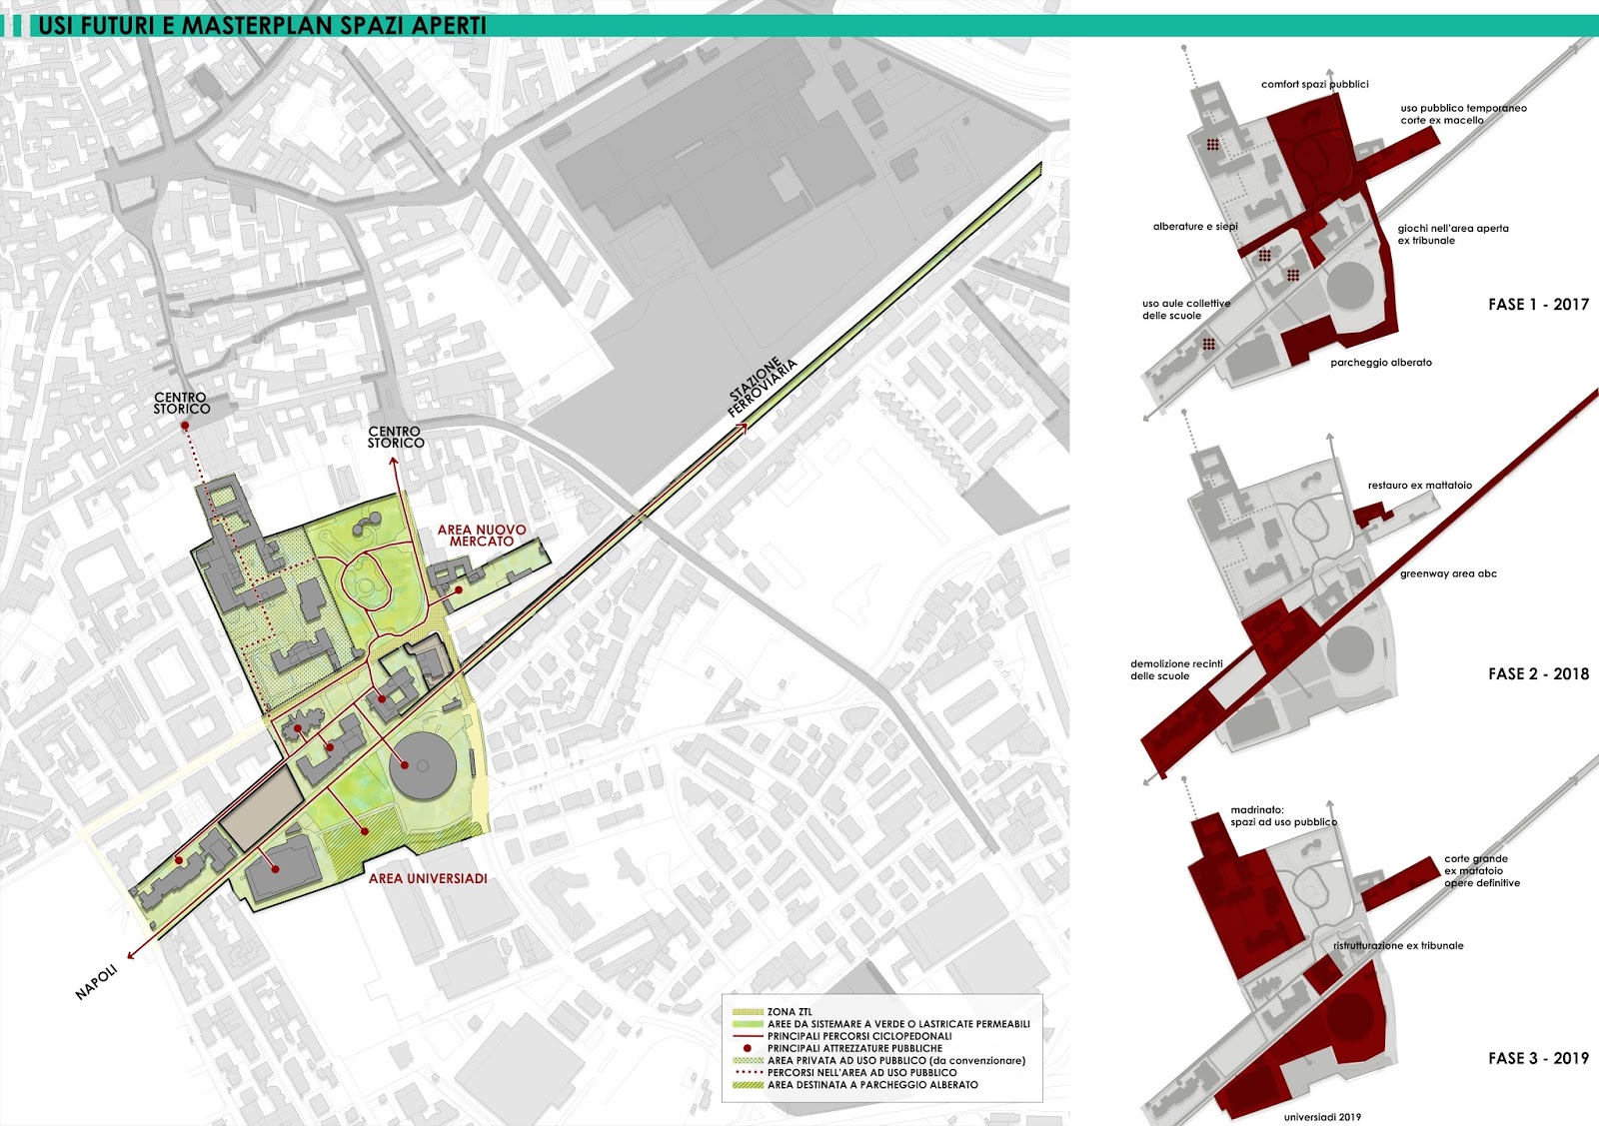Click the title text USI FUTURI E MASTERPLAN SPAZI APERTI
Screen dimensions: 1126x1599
click(262, 25)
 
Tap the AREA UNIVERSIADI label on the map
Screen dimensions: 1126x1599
click(428, 878)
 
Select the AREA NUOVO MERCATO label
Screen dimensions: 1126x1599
click(482, 536)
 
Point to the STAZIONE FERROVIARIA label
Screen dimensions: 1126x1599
click(764, 387)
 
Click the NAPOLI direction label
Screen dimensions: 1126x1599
click(97, 982)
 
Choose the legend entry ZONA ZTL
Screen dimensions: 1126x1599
click(790, 1012)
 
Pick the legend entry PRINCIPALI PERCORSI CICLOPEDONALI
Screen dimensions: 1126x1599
click(859, 1036)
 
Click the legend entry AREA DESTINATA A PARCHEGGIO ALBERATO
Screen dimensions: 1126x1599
click(872, 1085)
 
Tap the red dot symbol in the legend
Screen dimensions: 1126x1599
click(748, 1048)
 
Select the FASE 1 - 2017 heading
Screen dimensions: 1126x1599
click(1538, 304)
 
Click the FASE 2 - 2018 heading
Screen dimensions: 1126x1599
click(1538, 673)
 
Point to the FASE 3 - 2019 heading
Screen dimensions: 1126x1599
click(1538, 1058)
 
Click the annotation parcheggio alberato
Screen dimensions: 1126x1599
click(1380, 363)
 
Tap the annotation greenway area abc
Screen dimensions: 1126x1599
click(1448, 573)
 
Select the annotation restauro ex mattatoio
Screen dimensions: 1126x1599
click(1419, 486)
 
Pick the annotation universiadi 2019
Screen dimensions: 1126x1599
click(1322, 1117)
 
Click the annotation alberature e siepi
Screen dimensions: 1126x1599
click(1195, 227)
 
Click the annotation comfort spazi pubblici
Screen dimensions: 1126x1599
click(1314, 85)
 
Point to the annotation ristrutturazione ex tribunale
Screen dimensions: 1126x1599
click(1398, 945)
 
